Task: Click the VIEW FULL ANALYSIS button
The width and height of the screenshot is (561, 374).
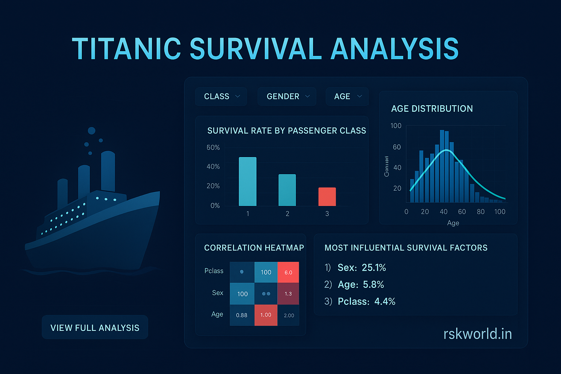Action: tap(95, 328)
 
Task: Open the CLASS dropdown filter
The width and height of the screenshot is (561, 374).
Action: tap(221, 96)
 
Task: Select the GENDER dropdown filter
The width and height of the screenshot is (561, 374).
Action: tap(287, 96)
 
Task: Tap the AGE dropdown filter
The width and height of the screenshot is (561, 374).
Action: tap(347, 96)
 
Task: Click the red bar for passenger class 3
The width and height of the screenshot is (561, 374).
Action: tap(327, 196)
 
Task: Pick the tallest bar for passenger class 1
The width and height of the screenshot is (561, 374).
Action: tap(248, 182)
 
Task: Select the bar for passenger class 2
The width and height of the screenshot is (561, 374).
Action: tap(287, 190)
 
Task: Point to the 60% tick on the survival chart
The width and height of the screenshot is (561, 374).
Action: tap(213, 148)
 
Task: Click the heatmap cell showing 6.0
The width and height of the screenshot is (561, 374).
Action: tap(288, 272)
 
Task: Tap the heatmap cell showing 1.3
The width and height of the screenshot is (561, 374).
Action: tap(288, 294)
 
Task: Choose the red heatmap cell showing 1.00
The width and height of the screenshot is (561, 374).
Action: tap(266, 315)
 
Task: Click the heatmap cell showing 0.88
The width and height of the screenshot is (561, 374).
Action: tap(242, 315)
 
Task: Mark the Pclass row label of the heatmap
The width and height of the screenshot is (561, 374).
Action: tap(214, 271)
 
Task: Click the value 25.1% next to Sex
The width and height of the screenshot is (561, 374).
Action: tap(374, 268)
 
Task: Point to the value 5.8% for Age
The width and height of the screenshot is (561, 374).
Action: tap(373, 285)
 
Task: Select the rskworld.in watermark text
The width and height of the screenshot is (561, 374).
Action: tap(477, 334)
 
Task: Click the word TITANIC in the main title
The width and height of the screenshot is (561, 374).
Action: tap(126, 49)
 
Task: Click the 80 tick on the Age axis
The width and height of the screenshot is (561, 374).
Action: tap(481, 212)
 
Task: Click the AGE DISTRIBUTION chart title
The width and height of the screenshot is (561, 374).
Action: tap(432, 108)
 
